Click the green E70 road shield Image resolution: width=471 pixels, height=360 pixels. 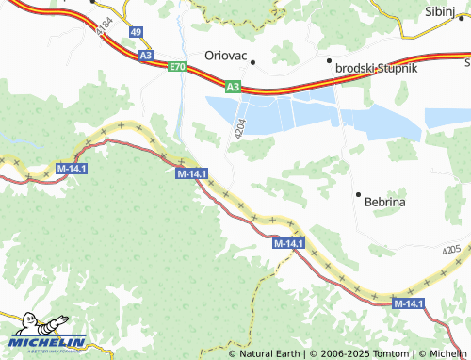click(x=177, y=67)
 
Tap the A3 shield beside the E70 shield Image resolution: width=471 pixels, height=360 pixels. click(x=146, y=57)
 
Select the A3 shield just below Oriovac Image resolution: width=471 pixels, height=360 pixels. click(x=233, y=87)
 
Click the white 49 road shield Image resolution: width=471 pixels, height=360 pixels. click(x=137, y=32)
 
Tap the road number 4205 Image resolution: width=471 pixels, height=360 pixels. click(x=452, y=249)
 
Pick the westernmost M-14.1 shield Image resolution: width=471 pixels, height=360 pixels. click(x=72, y=168)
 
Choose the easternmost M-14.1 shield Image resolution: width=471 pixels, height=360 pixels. click(x=408, y=303)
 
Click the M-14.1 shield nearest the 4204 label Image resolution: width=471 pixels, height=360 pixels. click(x=191, y=173)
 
